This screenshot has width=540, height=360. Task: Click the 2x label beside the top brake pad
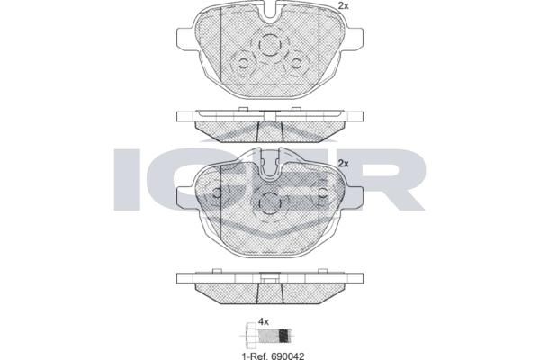(343, 5)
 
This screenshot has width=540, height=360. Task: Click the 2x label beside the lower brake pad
(343, 163)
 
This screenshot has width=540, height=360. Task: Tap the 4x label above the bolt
(264, 322)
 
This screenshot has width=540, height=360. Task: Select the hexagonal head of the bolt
(251, 334)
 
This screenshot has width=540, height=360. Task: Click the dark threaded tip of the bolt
(283, 335)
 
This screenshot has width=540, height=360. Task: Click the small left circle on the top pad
(244, 63)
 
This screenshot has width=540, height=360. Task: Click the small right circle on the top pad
(296, 63)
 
